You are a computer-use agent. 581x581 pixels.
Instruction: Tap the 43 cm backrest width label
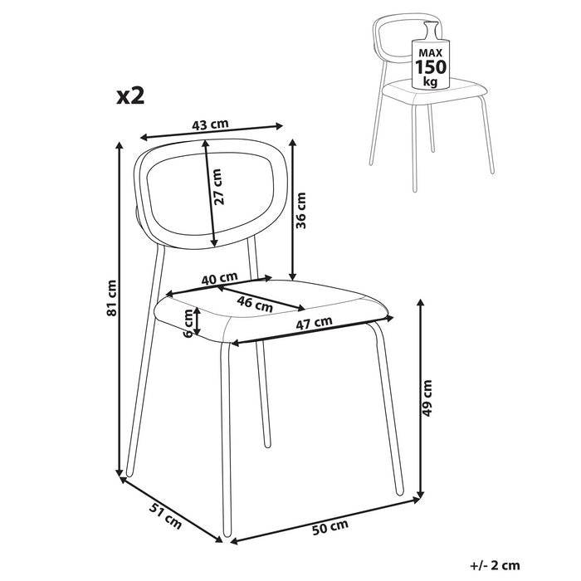coord(210,125)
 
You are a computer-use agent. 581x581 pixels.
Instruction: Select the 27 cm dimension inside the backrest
coord(217,188)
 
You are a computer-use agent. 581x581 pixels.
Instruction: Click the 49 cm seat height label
coord(428,398)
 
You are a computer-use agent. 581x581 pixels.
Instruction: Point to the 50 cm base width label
coord(330,526)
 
